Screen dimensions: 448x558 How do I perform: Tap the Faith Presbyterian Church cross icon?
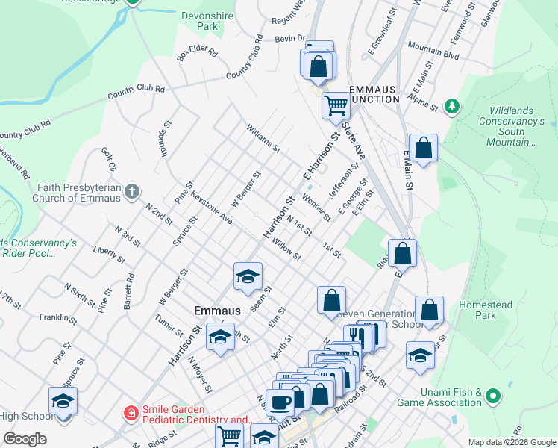[132, 191]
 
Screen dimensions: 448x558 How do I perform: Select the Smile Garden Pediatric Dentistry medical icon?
[131, 412]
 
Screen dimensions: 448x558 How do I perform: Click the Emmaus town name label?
[217, 310]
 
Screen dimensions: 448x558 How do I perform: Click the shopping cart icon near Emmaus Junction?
[336, 105]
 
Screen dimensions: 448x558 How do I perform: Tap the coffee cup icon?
[280, 402]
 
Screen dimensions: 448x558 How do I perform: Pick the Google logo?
[25, 439]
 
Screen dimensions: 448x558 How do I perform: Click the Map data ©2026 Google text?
[511, 442]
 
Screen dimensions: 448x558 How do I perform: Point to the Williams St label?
[264, 137]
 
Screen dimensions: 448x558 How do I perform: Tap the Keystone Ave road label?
[212, 209]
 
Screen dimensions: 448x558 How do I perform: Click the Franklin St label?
[59, 319]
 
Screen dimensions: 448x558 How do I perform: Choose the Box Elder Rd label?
[197, 54]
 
